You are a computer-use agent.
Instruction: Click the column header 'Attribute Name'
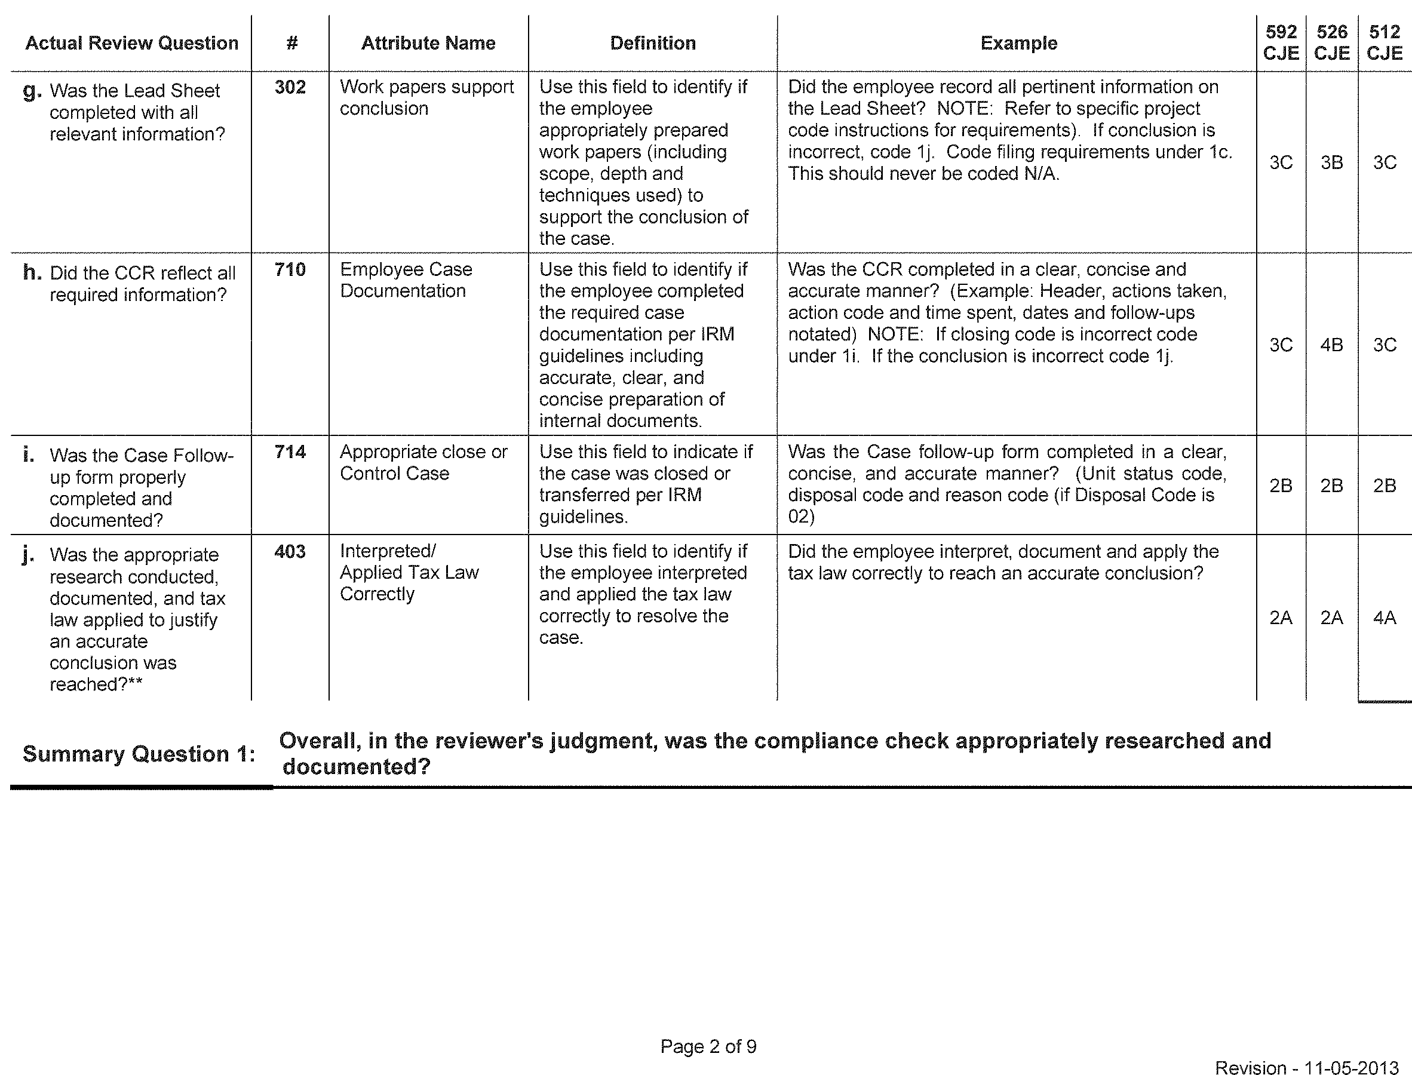point(428,43)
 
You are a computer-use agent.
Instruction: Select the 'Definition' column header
point(653,43)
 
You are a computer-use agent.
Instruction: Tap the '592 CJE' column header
point(1281,42)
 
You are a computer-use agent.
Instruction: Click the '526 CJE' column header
point(1332,42)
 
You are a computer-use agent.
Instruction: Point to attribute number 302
point(290,87)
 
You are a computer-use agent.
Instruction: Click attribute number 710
point(290,269)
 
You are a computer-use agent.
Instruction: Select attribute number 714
point(290,451)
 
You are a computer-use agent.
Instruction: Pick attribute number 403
point(290,551)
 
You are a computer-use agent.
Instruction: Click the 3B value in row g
point(1332,162)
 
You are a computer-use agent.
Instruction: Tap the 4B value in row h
point(1332,345)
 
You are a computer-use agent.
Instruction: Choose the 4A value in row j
point(1385,618)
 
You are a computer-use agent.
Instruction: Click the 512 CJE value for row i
point(1385,486)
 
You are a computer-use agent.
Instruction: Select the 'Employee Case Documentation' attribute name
point(406,280)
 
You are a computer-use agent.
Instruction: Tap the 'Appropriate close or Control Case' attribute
point(423,463)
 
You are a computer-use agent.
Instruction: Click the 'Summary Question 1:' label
point(139,754)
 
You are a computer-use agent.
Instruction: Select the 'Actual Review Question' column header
point(132,43)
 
